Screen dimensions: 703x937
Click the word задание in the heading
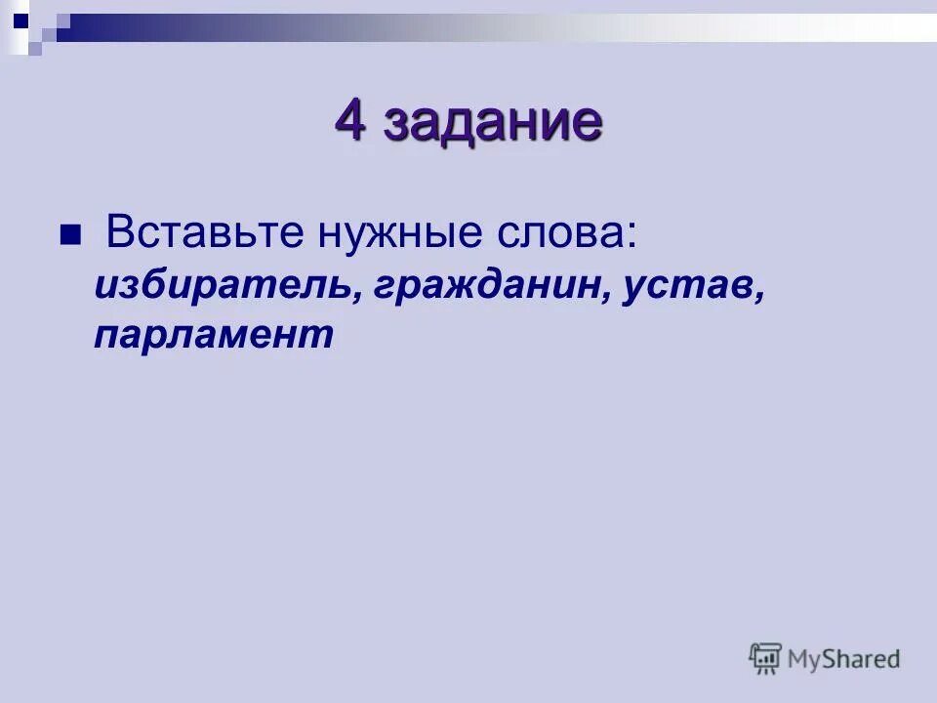[x=492, y=124]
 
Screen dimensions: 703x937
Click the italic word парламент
[x=214, y=335]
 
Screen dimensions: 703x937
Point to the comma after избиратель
[x=348, y=296]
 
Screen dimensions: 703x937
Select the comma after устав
[x=757, y=296]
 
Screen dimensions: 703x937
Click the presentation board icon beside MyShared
[x=765, y=657]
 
